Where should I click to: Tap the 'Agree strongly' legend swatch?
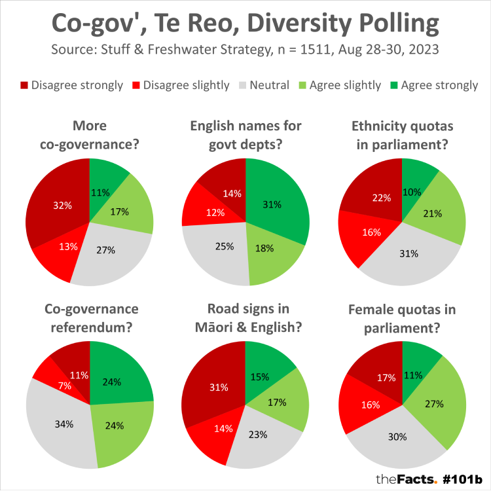click(x=393, y=86)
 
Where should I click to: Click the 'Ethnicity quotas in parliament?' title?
click(x=402, y=135)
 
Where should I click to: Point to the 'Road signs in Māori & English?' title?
click(x=245, y=318)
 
